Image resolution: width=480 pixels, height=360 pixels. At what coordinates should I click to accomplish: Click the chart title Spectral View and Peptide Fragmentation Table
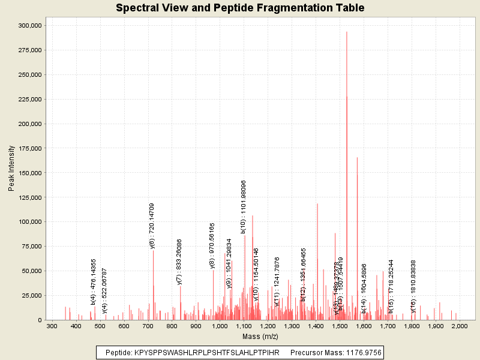(x=240, y=8)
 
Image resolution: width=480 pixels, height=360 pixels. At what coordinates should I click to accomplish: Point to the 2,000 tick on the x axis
(x=460, y=326)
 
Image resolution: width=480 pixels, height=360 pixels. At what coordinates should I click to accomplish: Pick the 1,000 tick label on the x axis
(x=220, y=326)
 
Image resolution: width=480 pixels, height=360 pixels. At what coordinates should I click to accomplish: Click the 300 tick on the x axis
(x=52, y=326)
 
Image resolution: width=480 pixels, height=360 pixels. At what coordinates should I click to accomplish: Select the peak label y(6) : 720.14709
(x=152, y=226)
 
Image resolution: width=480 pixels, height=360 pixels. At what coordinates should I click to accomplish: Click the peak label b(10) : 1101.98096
(x=244, y=206)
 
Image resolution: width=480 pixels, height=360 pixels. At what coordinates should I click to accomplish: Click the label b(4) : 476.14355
(x=94, y=282)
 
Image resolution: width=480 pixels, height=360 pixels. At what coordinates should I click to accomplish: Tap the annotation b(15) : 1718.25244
(x=391, y=286)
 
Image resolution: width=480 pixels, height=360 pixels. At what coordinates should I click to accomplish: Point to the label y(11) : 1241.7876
(x=277, y=282)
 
